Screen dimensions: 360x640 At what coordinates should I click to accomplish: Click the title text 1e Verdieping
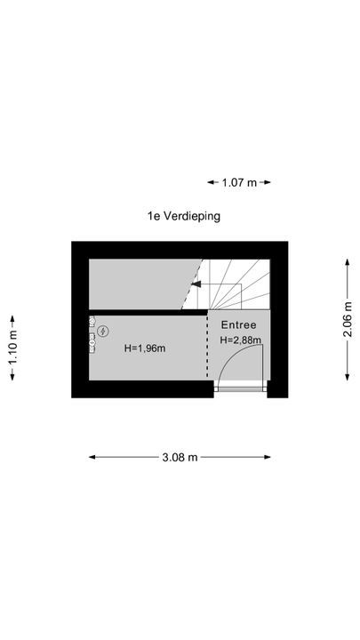184,216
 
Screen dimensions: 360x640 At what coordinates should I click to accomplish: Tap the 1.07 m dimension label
239,182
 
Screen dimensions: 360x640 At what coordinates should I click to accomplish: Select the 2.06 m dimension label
348,319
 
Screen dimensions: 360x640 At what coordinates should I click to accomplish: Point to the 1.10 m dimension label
12,348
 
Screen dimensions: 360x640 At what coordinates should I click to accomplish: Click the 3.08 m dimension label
180,457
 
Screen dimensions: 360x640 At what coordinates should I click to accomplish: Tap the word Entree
239,325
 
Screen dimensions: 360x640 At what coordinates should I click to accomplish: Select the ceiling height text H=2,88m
240,340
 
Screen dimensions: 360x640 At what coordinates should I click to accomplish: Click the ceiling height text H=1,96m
145,348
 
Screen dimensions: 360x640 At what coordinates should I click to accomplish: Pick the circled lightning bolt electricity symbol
103,332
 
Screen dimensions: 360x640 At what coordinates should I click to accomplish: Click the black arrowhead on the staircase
196,284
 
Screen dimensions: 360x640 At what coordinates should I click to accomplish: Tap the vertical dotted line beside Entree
207,345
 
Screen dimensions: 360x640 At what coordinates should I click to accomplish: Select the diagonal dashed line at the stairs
192,284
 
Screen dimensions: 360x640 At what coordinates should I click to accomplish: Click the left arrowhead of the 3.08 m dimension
92,457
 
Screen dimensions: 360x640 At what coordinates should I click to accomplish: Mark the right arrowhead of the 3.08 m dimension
268,457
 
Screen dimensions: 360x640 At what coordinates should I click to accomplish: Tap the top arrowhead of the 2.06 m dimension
348,262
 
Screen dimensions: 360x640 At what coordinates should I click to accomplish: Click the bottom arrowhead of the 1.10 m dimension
12,377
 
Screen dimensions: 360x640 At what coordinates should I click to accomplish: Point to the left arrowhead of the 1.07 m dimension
211,182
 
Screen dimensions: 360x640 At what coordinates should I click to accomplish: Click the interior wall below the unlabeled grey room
148,312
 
